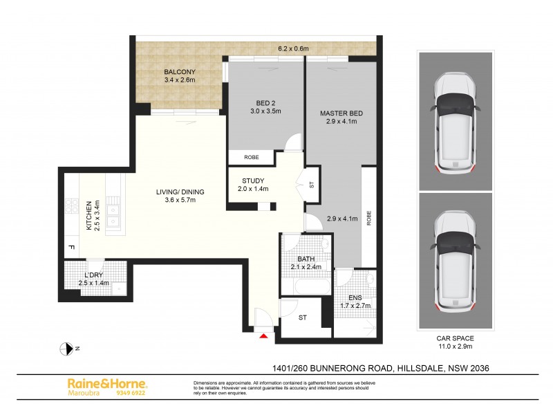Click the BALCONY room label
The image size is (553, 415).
180,72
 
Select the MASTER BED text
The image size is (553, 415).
341,113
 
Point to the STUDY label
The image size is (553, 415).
253,181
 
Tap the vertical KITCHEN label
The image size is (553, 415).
88,216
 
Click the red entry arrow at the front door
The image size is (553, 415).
263,337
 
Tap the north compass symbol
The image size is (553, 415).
68,349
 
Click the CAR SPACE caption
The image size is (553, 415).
454,338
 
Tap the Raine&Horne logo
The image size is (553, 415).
106,382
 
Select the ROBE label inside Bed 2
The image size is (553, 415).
252,158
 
